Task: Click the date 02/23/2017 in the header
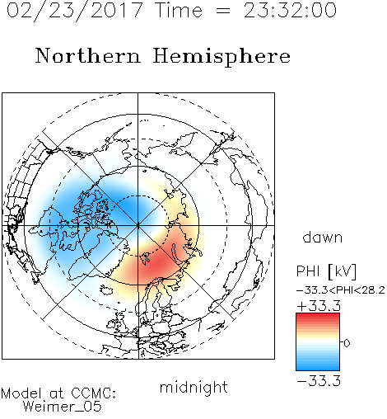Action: click(x=75, y=11)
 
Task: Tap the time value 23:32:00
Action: click(x=290, y=11)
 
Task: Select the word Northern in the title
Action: click(x=88, y=55)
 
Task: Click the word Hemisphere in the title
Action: click(x=221, y=57)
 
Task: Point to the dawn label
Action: click(x=323, y=237)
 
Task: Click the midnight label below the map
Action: click(x=193, y=388)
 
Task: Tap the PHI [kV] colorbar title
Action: click(x=326, y=271)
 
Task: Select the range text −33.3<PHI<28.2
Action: click(x=341, y=290)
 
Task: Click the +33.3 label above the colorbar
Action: click(x=319, y=306)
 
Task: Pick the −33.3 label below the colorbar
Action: click(x=319, y=381)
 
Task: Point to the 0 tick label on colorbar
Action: click(x=347, y=343)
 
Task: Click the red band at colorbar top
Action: click(x=318, y=317)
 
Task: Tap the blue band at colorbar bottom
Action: click(x=318, y=367)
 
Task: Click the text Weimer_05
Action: click(x=63, y=407)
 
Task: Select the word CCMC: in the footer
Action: click(x=94, y=393)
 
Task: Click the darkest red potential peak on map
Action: click(x=157, y=263)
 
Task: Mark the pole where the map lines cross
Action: click(x=138, y=225)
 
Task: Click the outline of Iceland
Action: click(x=106, y=290)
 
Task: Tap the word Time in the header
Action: click(x=179, y=11)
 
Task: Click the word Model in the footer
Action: click(x=21, y=393)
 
